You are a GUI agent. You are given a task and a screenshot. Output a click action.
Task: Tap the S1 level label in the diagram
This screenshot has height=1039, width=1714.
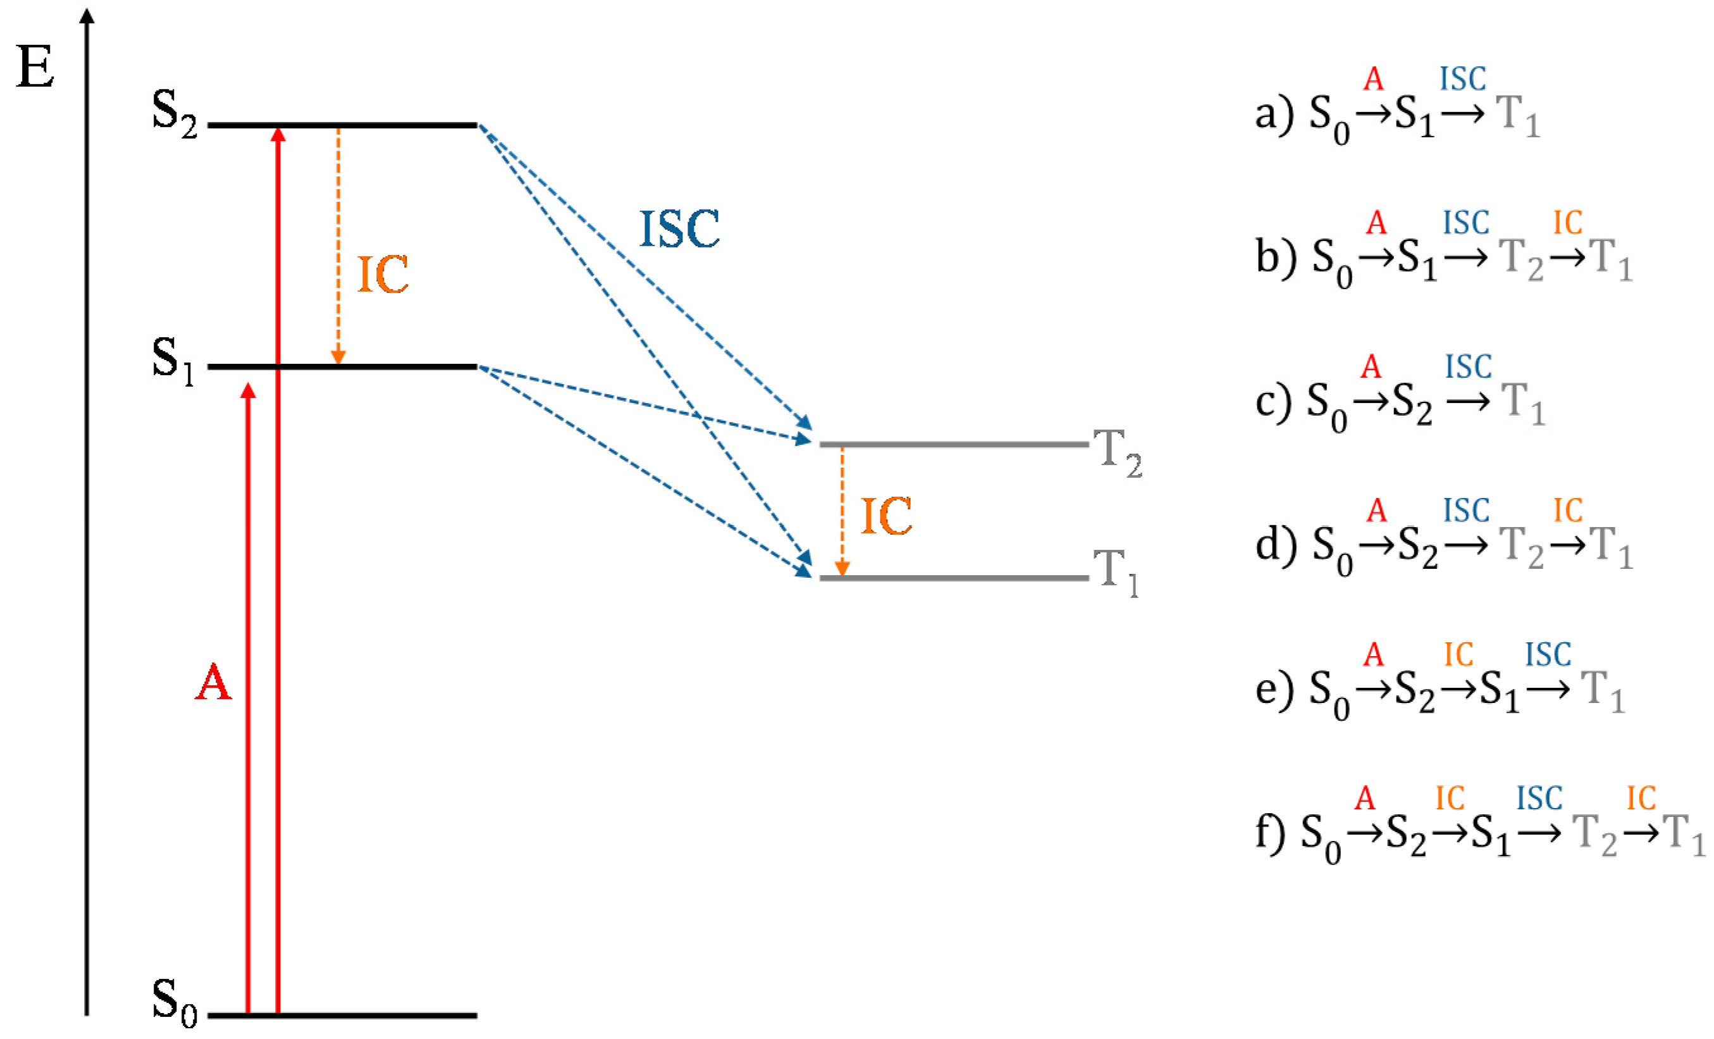pyautogui.click(x=173, y=361)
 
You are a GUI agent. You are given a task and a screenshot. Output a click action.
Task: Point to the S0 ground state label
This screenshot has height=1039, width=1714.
pyautogui.click(x=175, y=1003)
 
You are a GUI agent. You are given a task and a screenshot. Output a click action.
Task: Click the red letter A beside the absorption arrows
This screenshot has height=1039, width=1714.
pyautogui.click(x=213, y=683)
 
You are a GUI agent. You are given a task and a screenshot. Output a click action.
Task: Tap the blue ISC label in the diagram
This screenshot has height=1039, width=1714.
pyautogui.click(x=680, y=230)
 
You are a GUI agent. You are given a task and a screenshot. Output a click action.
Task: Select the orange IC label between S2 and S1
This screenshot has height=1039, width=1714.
pyautogui.click(x=383, y=275)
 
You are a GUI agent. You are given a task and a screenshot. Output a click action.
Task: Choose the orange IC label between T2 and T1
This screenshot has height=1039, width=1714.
pyautogui.click(x=886, y=517)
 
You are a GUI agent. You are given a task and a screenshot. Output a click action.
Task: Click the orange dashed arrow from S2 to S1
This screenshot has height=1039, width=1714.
pyautogui.click(x=338, y=244)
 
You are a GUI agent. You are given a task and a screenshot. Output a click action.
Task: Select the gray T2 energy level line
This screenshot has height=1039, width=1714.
pyautogui.click(x=953, y=444)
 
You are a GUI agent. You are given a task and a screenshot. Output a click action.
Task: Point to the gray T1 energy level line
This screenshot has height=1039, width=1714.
pyautogui.click(x=953, y=578)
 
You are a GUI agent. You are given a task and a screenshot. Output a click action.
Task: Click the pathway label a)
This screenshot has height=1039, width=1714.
pyautogui.click(x=1273, y=115)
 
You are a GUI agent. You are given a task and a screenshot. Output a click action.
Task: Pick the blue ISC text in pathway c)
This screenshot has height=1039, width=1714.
pyautogui.click(x=1469, y=367)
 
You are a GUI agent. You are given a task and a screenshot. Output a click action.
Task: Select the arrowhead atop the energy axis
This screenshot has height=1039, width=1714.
pyautogui.click(x=87, y=14)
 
